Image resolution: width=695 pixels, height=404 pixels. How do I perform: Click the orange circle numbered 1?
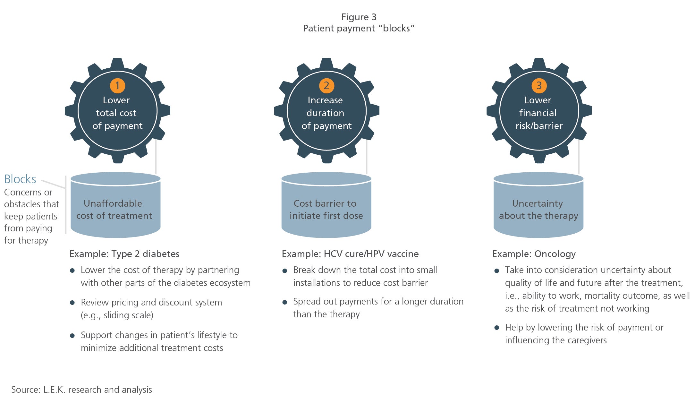click(x=117, y=85)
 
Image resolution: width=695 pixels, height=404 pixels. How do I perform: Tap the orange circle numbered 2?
click(x=326, y=85)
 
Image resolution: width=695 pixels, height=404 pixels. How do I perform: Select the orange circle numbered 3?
click(x=539, y=85)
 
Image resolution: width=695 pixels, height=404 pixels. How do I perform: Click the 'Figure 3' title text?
click(x=359, y=17)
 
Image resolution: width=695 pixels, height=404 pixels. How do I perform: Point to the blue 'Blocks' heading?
click(x=20, y=179)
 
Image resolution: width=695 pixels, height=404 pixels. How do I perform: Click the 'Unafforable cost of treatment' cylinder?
click(x=115, y=205)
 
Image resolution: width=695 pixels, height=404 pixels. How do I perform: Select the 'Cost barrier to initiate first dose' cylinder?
click(x=326, y=205)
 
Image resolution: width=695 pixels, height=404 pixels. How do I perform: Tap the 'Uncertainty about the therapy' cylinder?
click(x=538, y=205)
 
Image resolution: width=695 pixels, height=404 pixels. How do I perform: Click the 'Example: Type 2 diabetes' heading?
click(x=124, y=254)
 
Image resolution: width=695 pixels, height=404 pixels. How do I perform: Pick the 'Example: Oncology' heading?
click(x=534, y=254)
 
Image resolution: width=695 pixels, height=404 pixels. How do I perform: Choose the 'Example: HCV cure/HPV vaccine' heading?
click(x=350, y=254)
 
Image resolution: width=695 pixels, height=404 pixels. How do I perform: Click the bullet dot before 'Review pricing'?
click(x=72, y=303)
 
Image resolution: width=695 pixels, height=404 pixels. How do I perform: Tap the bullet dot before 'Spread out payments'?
click(x=285, y=302)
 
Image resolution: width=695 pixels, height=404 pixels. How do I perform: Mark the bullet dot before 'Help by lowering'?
click(x=497, y=328)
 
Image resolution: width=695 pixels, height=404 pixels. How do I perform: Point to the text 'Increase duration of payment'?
click(x=326, y=113)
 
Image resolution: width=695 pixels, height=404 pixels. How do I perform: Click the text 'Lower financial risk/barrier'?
click(x=539, y=113)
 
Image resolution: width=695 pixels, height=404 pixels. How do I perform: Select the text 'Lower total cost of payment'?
click(x=117, y=113)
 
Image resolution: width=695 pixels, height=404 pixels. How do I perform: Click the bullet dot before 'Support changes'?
click(x=72, y=336)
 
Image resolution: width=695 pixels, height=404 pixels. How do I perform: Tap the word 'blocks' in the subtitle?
click(x=396, y=28)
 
